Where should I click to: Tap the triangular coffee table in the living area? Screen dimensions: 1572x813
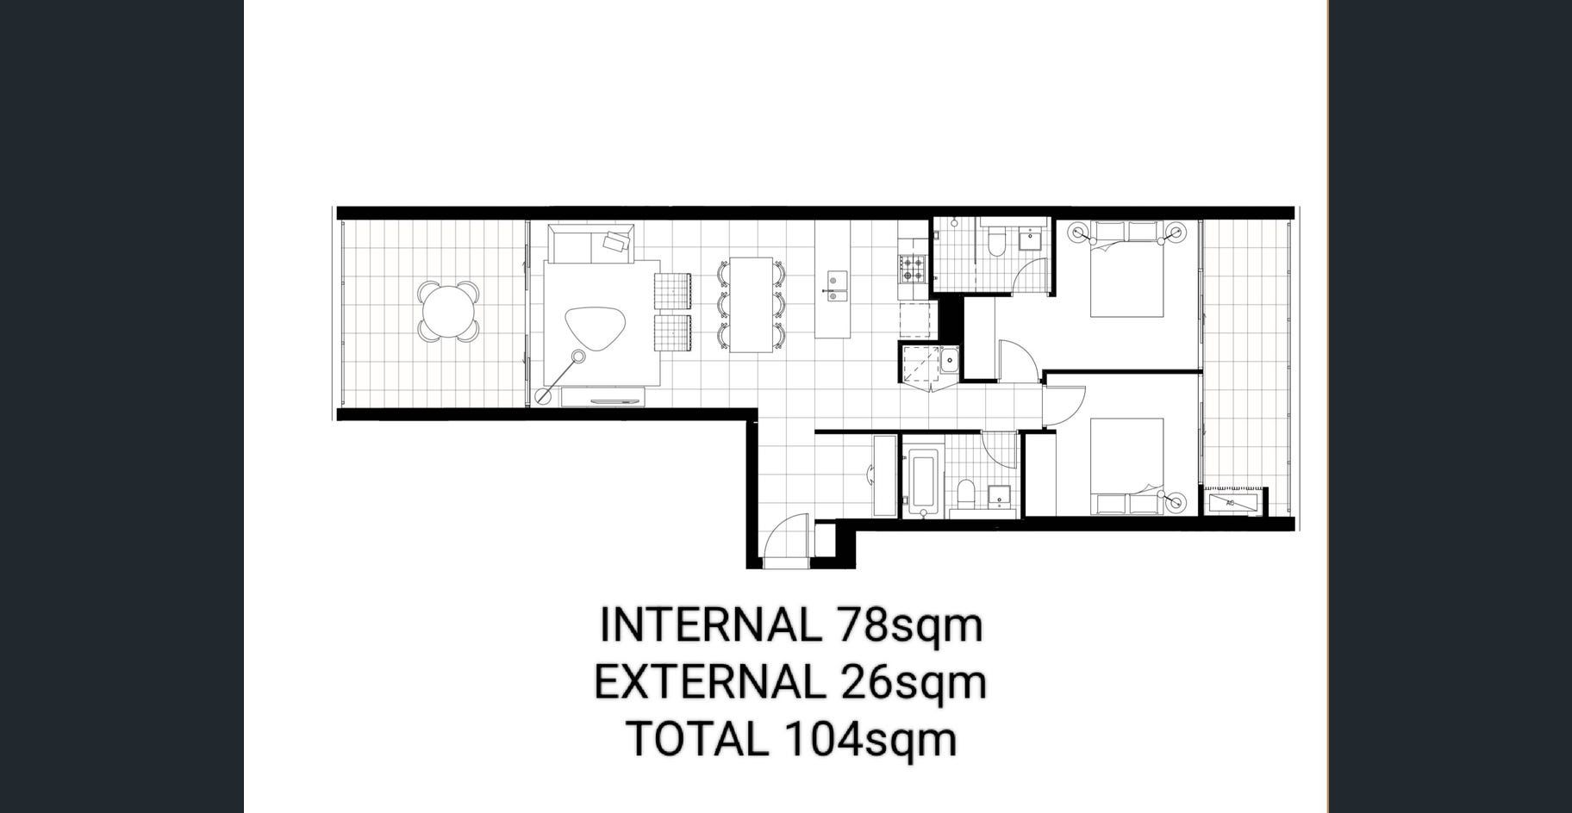(x=596, y=327)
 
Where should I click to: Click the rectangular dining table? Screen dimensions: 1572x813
(x=752, y=305)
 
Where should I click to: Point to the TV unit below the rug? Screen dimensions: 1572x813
(x=602, y=397)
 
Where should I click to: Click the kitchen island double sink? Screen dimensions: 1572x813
(x=837, y=283)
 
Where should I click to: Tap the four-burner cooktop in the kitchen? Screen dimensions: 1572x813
(x=913, y=270)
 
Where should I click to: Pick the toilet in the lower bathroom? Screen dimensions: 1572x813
(x=966, y=495)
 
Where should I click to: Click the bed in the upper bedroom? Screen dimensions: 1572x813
(x=1127, y=269)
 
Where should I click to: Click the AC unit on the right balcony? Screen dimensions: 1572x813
(x=1233, y=502)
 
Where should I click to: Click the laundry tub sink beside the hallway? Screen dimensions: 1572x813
(x=949, y=359)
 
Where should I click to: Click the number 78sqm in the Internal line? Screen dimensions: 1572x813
(x=909, y=624)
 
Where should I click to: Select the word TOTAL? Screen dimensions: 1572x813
(x=698, y=740)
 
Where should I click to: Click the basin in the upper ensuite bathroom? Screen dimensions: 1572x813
(x=1029, y=239)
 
